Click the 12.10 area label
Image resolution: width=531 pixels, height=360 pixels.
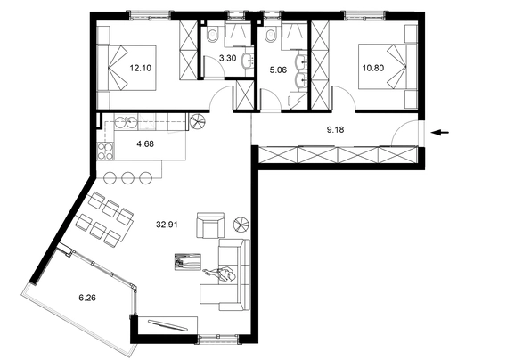tap(141, 68)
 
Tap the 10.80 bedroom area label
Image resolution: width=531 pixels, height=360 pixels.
tap(373, 68)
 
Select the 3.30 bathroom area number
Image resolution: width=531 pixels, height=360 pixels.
tap(227, 58)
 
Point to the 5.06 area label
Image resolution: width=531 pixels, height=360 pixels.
tap(278, 70)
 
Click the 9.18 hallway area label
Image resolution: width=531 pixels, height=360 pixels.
tap(335, 129)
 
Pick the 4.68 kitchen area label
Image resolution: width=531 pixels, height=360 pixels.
tap(145, 144)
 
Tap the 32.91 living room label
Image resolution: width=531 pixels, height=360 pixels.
tap(167, 225)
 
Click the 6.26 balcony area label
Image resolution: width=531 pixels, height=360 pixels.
tap(87, 298)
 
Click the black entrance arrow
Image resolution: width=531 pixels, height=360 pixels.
tap(440, 133)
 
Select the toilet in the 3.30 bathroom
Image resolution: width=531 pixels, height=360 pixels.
tap(213, 34)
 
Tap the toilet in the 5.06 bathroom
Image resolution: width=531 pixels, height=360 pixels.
tap(271, 34)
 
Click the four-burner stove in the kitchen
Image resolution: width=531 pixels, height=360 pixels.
tap(106, 151)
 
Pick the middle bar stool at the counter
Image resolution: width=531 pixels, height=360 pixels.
tap(127, 178)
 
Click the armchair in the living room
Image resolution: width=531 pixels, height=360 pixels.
tap(210, 225)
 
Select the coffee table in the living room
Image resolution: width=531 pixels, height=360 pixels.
tap(188, 262)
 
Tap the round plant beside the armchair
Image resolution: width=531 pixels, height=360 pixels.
tap(241, 224)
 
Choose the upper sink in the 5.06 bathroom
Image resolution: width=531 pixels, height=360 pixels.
tap(302, 62)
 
